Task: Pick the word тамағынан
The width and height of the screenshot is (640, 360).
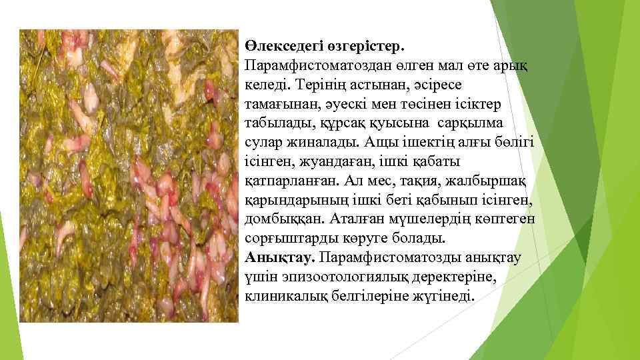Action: (281, 105)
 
